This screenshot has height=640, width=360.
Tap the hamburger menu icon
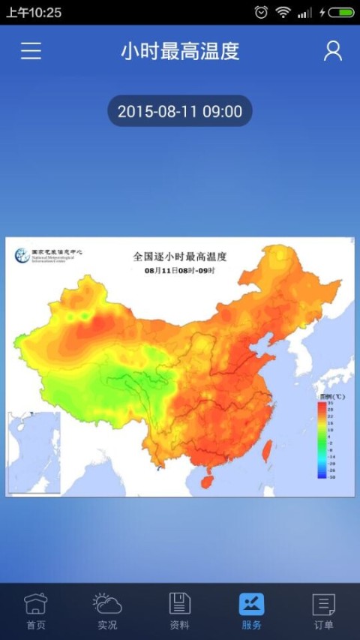(31, 50)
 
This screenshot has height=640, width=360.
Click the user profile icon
(332, 50)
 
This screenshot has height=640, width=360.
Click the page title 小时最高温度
(180, 51)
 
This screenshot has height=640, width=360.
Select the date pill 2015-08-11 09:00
(180, 112)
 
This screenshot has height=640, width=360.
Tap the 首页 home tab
(36, 611)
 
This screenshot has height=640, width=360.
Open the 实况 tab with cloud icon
(107, 611)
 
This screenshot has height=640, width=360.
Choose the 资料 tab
(179, 611)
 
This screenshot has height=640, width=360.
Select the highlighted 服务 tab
(251, 611)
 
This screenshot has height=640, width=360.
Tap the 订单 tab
(323, 611)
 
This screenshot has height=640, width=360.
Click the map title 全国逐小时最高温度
(179, 256)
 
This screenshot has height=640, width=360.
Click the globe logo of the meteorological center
(21, 255)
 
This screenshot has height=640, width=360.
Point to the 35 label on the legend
(330, 404)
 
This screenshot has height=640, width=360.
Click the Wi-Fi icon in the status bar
(283, 13)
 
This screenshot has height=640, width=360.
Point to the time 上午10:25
(34, 13)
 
